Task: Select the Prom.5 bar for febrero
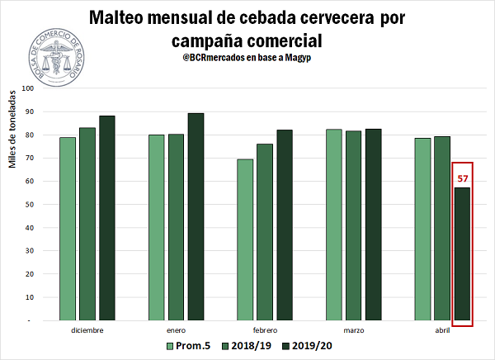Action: pos(244,239)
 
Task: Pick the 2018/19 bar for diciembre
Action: pos(87,224)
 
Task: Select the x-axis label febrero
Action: pos(265,330)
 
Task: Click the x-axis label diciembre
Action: pos(87,330)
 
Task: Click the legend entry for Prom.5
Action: pos(189,347)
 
